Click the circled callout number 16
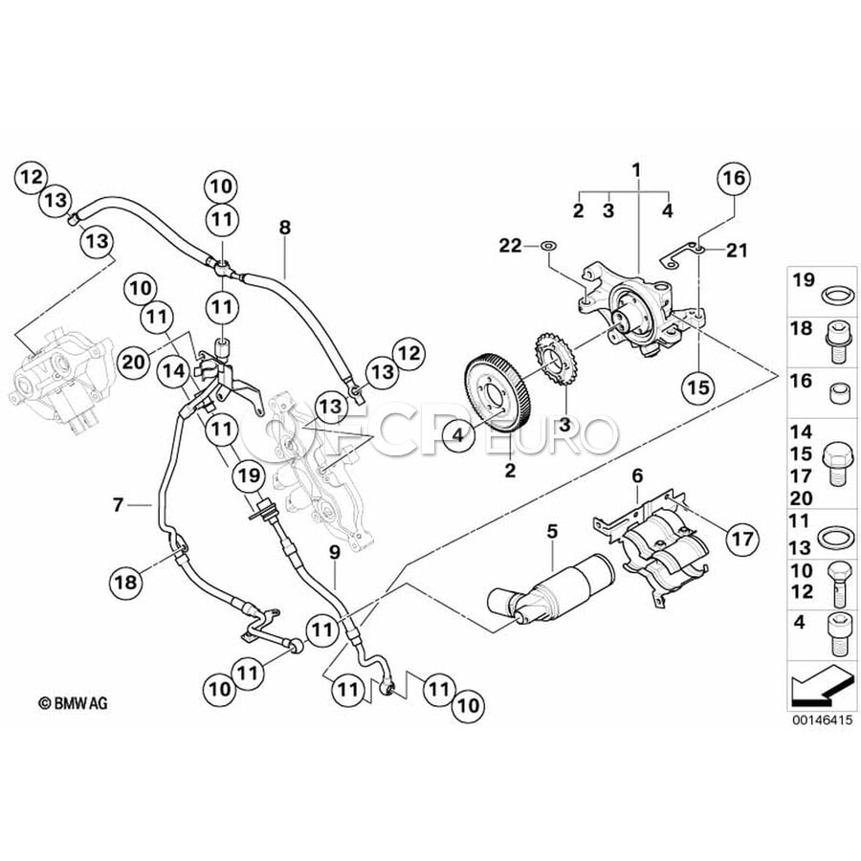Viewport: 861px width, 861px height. pos(735,178)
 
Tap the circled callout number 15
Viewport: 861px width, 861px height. pos(699,387)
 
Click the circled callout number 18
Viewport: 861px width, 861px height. pos(125,582)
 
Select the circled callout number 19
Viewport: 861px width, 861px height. pos(248,475)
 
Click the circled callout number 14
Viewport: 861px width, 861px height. pos(173,372)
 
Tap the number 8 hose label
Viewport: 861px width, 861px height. pos(284,228)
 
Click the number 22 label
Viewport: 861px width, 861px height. pos(510,246)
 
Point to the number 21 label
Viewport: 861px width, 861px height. pos(737,251)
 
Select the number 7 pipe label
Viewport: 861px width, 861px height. pos(118,504)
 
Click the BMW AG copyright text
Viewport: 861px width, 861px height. pos(73,703)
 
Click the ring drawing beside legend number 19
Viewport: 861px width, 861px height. pos(838,295)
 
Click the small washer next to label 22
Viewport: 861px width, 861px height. pos(547,246)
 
